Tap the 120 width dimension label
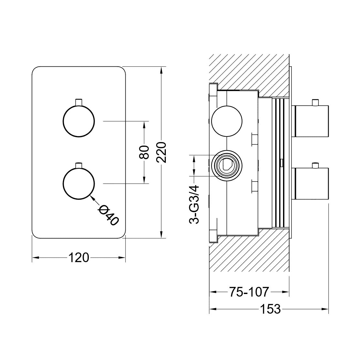coord(79,257)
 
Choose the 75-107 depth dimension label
coord(249,292)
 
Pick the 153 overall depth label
coord(270,309)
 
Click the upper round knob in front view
coord(79,121)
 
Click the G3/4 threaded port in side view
coord(227,166)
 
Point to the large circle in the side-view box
coord(227,121)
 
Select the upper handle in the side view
coord(311,121)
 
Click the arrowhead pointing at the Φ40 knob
coord(92,198)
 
